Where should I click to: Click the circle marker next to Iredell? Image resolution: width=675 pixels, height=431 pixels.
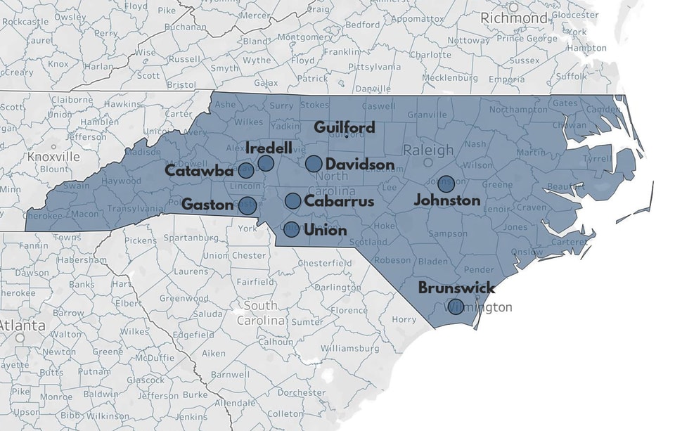click(266, 163)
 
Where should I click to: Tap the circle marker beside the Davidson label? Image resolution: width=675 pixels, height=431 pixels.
click(314, 164)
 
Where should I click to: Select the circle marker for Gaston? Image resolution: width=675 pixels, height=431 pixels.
click(247, 206)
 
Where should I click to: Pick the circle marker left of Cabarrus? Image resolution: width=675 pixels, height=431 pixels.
click(293, 201)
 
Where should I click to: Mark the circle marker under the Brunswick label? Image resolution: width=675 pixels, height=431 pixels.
click(456, 307)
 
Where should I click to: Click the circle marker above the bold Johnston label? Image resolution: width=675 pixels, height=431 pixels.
click(446, 184)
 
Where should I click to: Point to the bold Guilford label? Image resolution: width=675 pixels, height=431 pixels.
click(345, 127)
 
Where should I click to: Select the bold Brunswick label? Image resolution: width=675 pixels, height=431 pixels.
click(456, 288)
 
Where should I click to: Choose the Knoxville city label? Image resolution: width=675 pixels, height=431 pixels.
click(53, 156)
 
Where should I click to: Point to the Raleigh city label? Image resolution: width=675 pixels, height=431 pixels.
click(428, 150)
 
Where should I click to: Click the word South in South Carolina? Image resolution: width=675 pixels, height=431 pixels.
click(260, 306)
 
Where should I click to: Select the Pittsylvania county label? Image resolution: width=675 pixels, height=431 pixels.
click(373, 67)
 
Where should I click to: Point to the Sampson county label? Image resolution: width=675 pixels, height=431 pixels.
click(448, 233)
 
